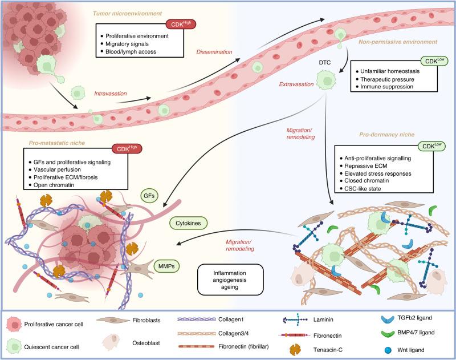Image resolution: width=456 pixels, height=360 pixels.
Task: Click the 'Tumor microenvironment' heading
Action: click(x=115, y=13)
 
